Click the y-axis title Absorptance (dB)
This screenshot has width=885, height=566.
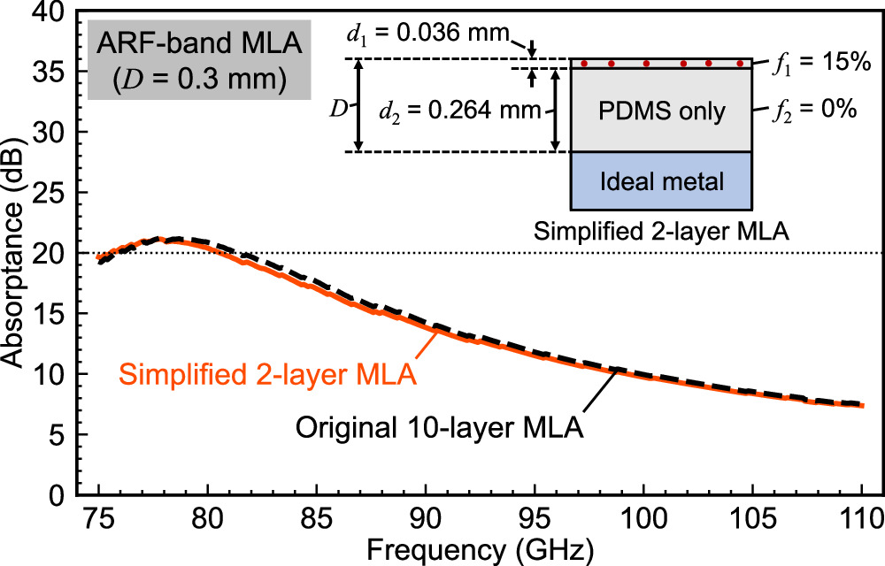pyautogui.click(x=16, y=252)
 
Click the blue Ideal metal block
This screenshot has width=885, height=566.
pyautogui.click(x=661, y=180)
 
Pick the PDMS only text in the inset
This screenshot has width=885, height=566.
pyautogui.click(x=661, y=112)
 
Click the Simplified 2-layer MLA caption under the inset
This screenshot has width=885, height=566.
pyautogui.click(x=661, y=233)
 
